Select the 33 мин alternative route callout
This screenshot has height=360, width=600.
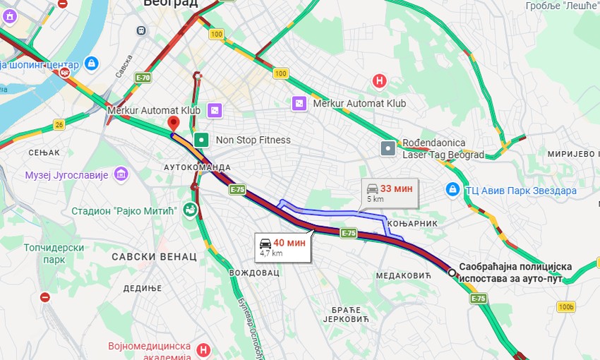click(x=389, y=193)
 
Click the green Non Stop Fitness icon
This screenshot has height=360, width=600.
click(x=202, y=140)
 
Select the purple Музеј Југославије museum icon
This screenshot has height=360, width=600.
click(x=121, y=174)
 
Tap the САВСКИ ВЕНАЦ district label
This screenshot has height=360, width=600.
click(x=154, y=256)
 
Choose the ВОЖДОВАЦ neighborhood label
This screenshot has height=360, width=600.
click(x=254, y=272)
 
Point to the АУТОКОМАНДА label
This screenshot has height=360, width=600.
click(x=197, y=167)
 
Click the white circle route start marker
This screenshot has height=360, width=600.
click(x=452, y=272)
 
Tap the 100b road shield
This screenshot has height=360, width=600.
click(x=565, y=306)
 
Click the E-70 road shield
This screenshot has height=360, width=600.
click(x=143, y=78)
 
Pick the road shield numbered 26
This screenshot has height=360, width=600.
click(x=59, y=125)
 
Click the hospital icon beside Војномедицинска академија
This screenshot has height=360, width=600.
click(x=204, y=349)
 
